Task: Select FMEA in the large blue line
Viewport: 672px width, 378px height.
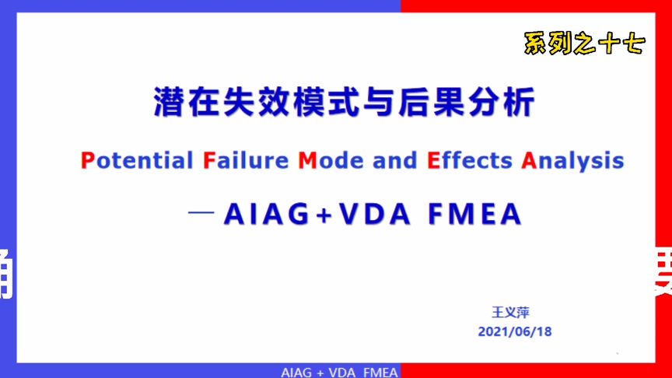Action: [474, 214]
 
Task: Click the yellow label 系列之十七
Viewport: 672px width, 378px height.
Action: [584, 44]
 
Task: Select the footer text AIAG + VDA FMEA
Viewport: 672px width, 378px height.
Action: [339, 373]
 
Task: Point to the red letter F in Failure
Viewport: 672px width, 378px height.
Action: [208, 161]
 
